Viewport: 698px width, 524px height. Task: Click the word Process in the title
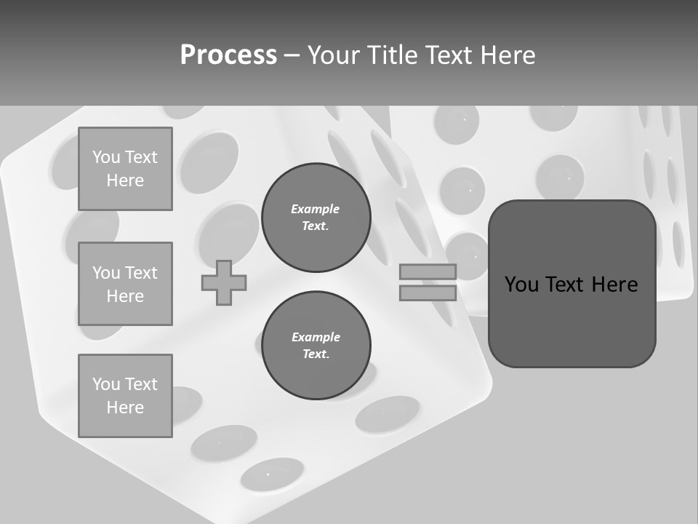coord(228,55)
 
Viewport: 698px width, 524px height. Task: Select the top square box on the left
coord(125,169)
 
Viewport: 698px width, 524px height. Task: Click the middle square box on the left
coord(125,284)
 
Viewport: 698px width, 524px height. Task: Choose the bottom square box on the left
coord(125,396)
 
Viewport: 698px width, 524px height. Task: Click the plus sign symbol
coord(224,282)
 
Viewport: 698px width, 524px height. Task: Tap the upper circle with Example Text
coord(316,218)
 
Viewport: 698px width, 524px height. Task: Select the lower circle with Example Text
coord(316,346)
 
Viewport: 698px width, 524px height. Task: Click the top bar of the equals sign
coord(428,271)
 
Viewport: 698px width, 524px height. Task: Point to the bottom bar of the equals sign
coord(428,293)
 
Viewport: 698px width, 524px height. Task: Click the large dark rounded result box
coord(571,284)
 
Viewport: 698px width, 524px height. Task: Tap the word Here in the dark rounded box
coord(614,285)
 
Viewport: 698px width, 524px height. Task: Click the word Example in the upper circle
coord(316,209)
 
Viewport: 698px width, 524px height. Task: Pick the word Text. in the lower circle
coord(316,354)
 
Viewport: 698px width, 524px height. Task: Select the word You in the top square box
coord(105,157)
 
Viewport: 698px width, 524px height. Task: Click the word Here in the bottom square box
coord(125,408)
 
